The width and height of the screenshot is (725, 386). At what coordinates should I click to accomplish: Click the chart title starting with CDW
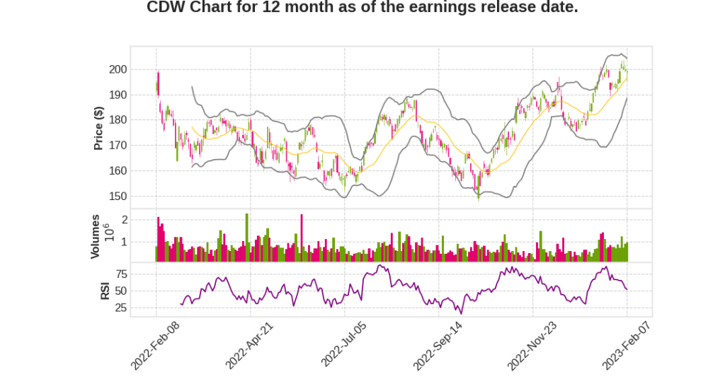tap(362, 8)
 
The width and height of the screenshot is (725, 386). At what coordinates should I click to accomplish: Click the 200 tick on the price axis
tap(118, 69)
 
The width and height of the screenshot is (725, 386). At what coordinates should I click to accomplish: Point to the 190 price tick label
tap(118, 95)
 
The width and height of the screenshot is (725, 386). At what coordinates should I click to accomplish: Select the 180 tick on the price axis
tap(118, 120)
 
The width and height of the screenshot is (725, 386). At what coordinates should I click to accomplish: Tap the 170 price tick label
tap(118, 146)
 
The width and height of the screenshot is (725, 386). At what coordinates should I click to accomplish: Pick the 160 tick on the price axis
tap(118, 171)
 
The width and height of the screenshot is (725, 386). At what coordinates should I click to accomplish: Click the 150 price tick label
tap(118, 197)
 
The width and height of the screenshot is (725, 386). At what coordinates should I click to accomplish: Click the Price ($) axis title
tap(99, 128)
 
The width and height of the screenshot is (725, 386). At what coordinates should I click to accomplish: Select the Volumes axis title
tap(96, 235)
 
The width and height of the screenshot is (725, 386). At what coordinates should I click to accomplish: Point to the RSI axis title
tap(105, 290)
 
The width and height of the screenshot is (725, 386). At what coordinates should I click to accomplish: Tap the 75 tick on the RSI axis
tap(120, 274)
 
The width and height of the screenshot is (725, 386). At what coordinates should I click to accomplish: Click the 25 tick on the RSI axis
tap(120, 308)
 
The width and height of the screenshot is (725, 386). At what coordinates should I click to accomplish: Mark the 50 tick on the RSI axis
tap(120, 291)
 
